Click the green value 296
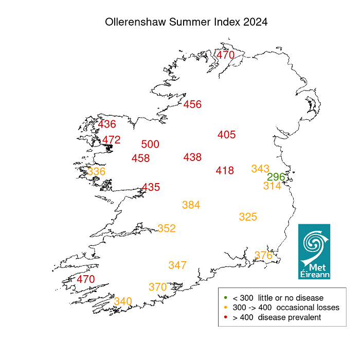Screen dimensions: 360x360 (x=276, y=177)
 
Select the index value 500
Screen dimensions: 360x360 (x=150, y=145)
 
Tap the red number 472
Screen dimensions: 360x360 (x=111, y=140)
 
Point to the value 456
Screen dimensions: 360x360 (x=192, y=105)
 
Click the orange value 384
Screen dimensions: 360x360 (x=191, y=205)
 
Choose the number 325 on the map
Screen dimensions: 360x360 (x=248, y=217)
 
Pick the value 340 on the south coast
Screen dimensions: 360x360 (x=123, y=301)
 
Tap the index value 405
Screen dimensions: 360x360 (x=226, y=135)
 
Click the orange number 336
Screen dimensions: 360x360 (x=96, y=171)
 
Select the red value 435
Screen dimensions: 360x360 (x=151, y=188)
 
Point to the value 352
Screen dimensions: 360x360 (x=167, y=228)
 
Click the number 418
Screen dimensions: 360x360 (x=225, y=171)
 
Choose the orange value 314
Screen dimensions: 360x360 (x=272, y=186)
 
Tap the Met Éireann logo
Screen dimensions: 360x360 (x=314, y=251)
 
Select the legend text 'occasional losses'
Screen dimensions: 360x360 (x=308, y=308)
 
